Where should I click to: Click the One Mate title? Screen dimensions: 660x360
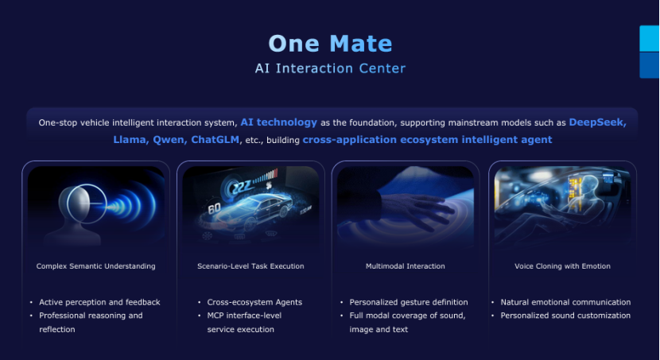[331, 44]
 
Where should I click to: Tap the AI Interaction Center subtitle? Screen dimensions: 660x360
[331, 68]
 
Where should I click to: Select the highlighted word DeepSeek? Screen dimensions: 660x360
[597, 122]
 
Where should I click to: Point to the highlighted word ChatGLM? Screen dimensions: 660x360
[215, 140]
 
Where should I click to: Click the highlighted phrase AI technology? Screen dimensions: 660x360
[278, 122]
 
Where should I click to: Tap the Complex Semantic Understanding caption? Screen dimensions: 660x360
[96, 266]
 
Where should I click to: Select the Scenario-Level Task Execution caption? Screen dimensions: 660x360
[250, 266]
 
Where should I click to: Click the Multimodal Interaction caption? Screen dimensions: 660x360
[406, 266]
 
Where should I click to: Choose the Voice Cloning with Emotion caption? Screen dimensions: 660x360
[562, 266]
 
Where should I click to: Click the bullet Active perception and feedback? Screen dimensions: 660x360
[99, 302]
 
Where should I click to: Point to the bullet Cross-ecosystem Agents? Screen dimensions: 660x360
[254, 302]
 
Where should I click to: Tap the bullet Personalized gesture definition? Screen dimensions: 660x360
[409, 302]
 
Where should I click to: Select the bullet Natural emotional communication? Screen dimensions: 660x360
[565, 302]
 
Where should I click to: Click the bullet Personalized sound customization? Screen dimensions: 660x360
[565, 315]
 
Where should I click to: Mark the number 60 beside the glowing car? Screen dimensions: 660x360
[214, 207]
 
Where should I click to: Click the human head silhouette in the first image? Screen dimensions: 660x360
[78, 215]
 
